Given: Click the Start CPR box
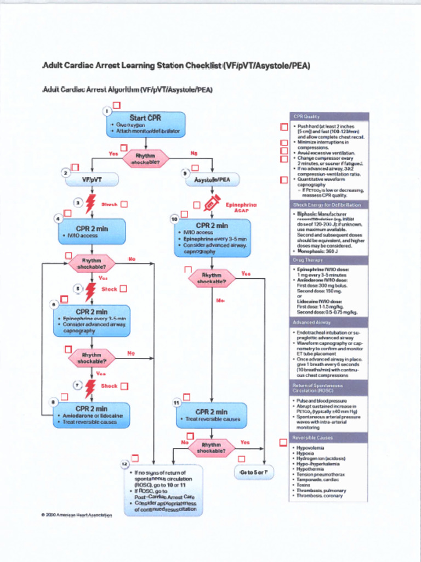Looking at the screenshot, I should point(145,125).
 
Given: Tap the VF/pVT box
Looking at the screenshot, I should point(92,179).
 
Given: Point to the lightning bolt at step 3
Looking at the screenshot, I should point(90,204).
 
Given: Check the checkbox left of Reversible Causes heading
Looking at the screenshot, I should point(283,442).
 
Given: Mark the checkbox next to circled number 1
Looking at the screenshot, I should point(117,105).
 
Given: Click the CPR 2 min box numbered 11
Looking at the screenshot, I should point(212,415).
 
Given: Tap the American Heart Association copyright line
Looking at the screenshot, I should point(76,515).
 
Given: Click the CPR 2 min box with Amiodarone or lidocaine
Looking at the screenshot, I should point(92,415).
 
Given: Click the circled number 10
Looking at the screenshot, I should point(174,219).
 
